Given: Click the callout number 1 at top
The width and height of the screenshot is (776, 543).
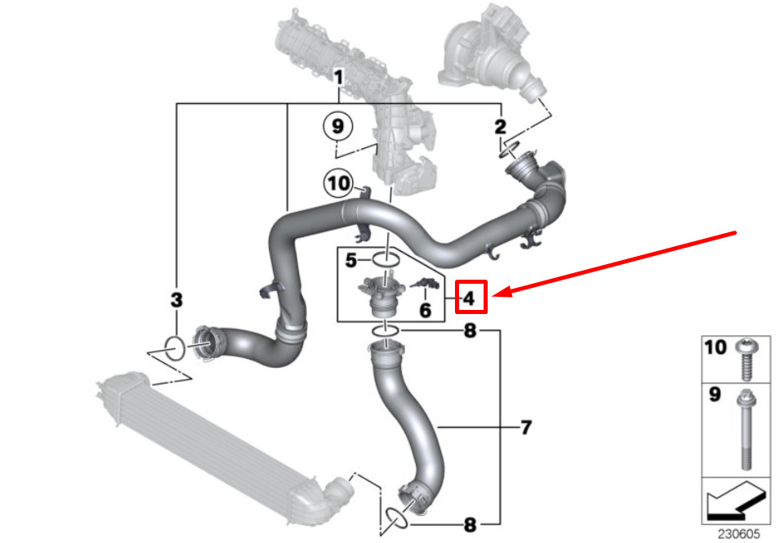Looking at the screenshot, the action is click(338, 78).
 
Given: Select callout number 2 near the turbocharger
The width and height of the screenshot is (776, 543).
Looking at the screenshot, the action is click(501, 127).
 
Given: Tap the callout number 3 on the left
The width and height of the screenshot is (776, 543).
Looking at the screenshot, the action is click(176, 300).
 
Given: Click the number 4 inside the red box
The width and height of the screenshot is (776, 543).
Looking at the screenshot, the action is click(469, 298).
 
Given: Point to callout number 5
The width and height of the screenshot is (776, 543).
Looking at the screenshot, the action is click(351, 260).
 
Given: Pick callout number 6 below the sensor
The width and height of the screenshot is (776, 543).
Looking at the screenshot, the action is click(425, 311).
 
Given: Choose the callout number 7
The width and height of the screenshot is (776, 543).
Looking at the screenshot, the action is click(527, 427).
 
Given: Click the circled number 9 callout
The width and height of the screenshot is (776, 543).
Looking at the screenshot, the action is click(337, 126).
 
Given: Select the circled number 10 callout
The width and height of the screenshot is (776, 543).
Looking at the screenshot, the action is click(338, 183).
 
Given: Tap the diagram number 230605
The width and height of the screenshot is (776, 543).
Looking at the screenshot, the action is click(738, 533).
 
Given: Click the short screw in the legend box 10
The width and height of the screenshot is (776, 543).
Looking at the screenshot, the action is click(747, 359).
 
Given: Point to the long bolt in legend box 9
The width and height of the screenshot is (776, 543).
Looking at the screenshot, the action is click(746, 429).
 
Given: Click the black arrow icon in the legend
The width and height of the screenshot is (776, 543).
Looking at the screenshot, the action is click(735, 502).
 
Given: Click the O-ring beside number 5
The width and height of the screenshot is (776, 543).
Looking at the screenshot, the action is click(386, 259).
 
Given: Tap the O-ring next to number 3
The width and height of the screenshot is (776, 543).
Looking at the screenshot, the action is click(175, 348).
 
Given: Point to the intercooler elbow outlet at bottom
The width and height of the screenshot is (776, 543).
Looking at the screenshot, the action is click(337, 491).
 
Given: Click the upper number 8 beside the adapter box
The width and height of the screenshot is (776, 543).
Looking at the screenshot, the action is click(470, 330).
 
